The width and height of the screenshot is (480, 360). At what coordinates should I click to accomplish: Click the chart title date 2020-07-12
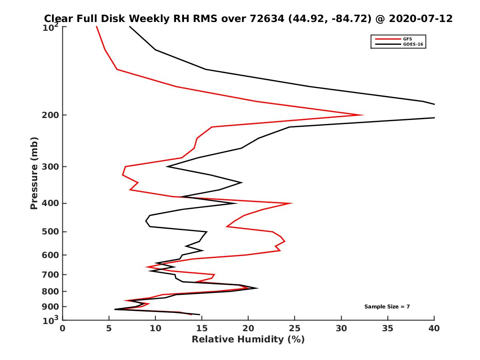(x=426, y=18)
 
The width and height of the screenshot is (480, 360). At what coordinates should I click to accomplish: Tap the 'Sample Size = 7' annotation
(x=387, y=307)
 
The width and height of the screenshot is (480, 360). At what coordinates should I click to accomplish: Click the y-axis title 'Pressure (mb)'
(x=34, y=173)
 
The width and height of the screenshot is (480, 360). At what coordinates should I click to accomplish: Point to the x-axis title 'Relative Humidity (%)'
(x=248, y=340)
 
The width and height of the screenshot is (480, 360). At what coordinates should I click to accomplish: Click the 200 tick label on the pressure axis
(x=50, y=115)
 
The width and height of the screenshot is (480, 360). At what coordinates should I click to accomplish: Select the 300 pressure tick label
(x=50, y=166)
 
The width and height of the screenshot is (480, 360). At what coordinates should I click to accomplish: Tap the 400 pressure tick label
(x=50, y=203)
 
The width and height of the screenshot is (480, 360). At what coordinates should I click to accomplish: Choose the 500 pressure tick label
(x=50, y=232)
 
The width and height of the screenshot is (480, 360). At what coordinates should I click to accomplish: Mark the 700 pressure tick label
(x=50, y=274)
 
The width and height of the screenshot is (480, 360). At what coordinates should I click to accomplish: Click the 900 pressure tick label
(x=50, y=307)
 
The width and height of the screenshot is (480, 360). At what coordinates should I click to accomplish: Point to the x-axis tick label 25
(x=295, y=328)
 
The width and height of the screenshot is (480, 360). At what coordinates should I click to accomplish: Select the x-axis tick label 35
(x=388, y=328)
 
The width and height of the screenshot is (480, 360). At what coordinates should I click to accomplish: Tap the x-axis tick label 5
(x=109, y=328)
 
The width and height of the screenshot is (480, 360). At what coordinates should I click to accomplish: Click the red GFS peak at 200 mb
(x=363, y=115)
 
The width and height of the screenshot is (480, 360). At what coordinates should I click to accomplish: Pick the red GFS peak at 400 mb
(x=292, y=203)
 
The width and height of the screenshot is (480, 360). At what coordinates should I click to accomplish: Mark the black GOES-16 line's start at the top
(x=130, y=27)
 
